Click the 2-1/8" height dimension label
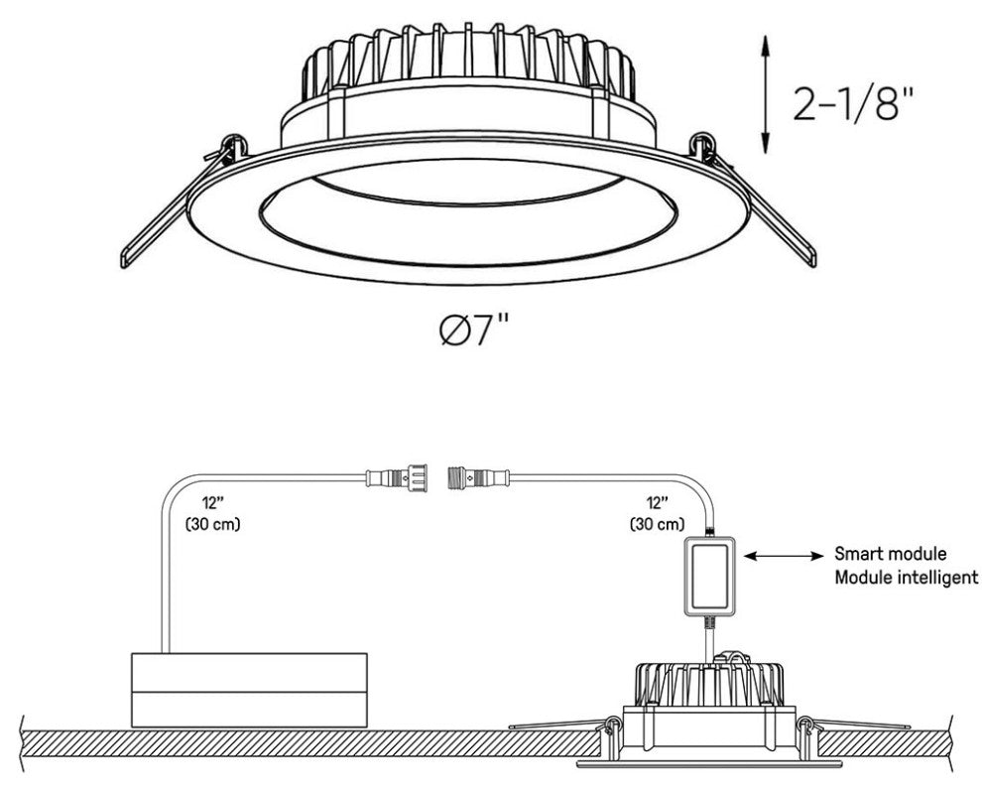coord(854,103)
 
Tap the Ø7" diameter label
coord(473,330)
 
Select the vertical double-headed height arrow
coord(765,94)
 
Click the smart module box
coord(708,576)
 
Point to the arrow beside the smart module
coord(784,556)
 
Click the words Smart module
coord(890,554)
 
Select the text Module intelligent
coord(906,577)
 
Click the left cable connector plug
coord(397,478)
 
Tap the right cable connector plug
coord(479,478)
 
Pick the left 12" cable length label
coord(213,502)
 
